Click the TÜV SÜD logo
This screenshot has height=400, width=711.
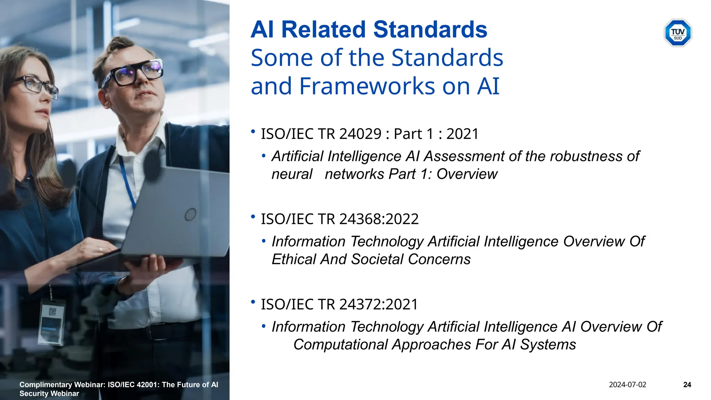[678, 33]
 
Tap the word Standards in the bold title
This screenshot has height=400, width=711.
[430, 30]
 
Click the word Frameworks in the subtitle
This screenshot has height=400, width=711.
[368, 86]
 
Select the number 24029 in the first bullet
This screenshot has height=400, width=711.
[360, 134]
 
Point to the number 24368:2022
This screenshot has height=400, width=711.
[379, 219]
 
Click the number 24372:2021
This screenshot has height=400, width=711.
[378, 305]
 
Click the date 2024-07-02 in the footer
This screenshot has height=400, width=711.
[627, 385]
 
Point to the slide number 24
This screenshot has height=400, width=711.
[687, 385]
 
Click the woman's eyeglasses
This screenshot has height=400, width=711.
[35, 85]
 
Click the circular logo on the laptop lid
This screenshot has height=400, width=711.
[190, 215]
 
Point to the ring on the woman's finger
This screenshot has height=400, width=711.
[101, 249]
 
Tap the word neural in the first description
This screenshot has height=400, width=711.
[292, 174]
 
